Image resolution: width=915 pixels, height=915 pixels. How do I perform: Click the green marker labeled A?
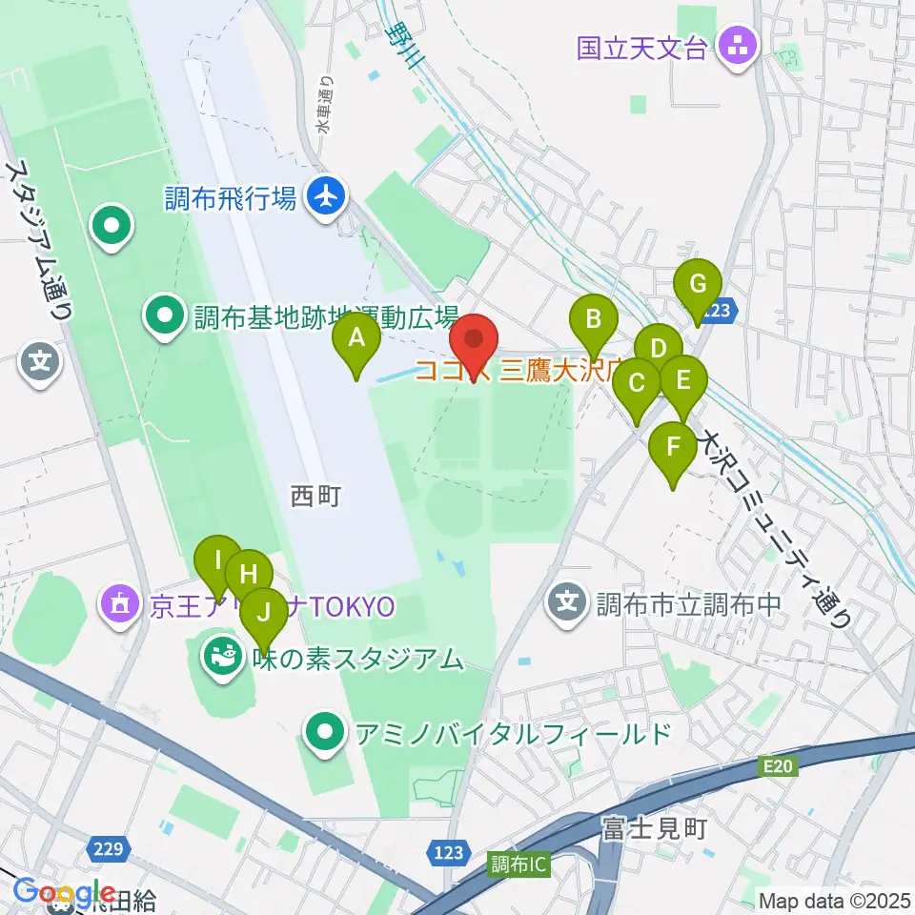coord(356,338)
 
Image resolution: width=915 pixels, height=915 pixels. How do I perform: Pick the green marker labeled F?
coord(674,448)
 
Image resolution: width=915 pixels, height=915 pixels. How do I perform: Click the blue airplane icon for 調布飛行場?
coord(325,198)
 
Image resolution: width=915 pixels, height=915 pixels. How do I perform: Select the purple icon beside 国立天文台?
coord(737,45)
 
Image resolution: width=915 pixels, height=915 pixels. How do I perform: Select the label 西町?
coord(315,496)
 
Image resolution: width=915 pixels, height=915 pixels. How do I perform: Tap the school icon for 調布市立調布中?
coord(568,602)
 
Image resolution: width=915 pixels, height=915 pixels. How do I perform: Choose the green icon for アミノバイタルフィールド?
coord(325,733)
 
